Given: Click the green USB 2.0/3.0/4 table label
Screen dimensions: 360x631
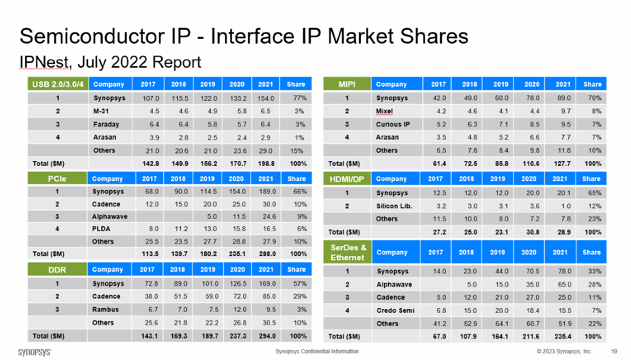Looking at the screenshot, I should pyautogui.click(x=58, y=84).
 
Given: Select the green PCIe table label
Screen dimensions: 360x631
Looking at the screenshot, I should pyautogui.click(x=58, y=178).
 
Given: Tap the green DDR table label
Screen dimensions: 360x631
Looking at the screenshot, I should pyautogui.click(x=58, y=270).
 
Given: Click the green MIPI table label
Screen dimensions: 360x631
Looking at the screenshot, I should pyautogui.click(x=347, y=84).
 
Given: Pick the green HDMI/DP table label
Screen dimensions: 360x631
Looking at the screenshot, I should pyautogui.click(x=347, y=179).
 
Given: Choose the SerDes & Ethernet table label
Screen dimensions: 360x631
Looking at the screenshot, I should pyautogui.click(x=347, y=252).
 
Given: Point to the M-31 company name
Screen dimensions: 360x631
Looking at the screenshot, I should pyautogui.click(x=102, y=111).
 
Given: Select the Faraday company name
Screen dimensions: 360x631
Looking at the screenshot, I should pyautogui.click(x=106, y=124).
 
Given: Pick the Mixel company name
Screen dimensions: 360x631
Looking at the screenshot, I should pyautogui.click(x=384, y=111).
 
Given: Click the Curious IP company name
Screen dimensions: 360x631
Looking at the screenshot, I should pyautogui.click(x=393, y=124).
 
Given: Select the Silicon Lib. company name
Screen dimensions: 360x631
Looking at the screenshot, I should pyautogui.click(x=394, y=206).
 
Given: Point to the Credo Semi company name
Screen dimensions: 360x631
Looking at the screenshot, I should pyautogui.click(x=395, y=310).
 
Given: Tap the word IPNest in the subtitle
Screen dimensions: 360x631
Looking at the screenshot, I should pyautogui.click(x=44, y=62).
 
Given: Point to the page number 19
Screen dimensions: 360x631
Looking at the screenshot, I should pyautogui.click(x=614, y=351).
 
